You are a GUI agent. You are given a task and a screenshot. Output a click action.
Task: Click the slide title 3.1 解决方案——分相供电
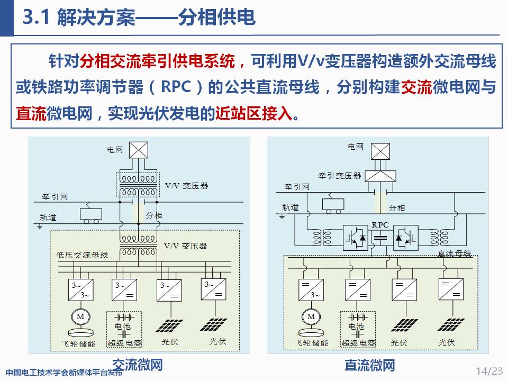coord(139,17)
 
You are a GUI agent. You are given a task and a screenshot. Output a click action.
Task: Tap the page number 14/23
coord(489,370)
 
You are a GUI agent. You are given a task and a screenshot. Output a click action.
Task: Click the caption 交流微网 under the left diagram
coord(137,365)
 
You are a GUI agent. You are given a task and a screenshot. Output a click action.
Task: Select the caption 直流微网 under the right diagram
coord(369,365)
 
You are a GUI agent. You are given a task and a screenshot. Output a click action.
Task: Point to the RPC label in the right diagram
coord(380,225)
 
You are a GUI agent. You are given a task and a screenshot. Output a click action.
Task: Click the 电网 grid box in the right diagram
coord(380,151)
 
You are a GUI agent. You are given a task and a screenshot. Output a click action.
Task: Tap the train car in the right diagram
coord(333,205)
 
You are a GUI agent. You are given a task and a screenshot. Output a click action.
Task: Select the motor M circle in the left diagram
coord(81,316)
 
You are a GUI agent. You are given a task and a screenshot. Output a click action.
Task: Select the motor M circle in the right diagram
coord(311,316)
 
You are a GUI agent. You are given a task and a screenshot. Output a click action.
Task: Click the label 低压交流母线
coord(82,255)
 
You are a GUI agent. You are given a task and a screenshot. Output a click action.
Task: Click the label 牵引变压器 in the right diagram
coord(339,175)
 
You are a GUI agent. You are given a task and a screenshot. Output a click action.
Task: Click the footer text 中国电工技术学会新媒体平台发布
coord(63,371)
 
